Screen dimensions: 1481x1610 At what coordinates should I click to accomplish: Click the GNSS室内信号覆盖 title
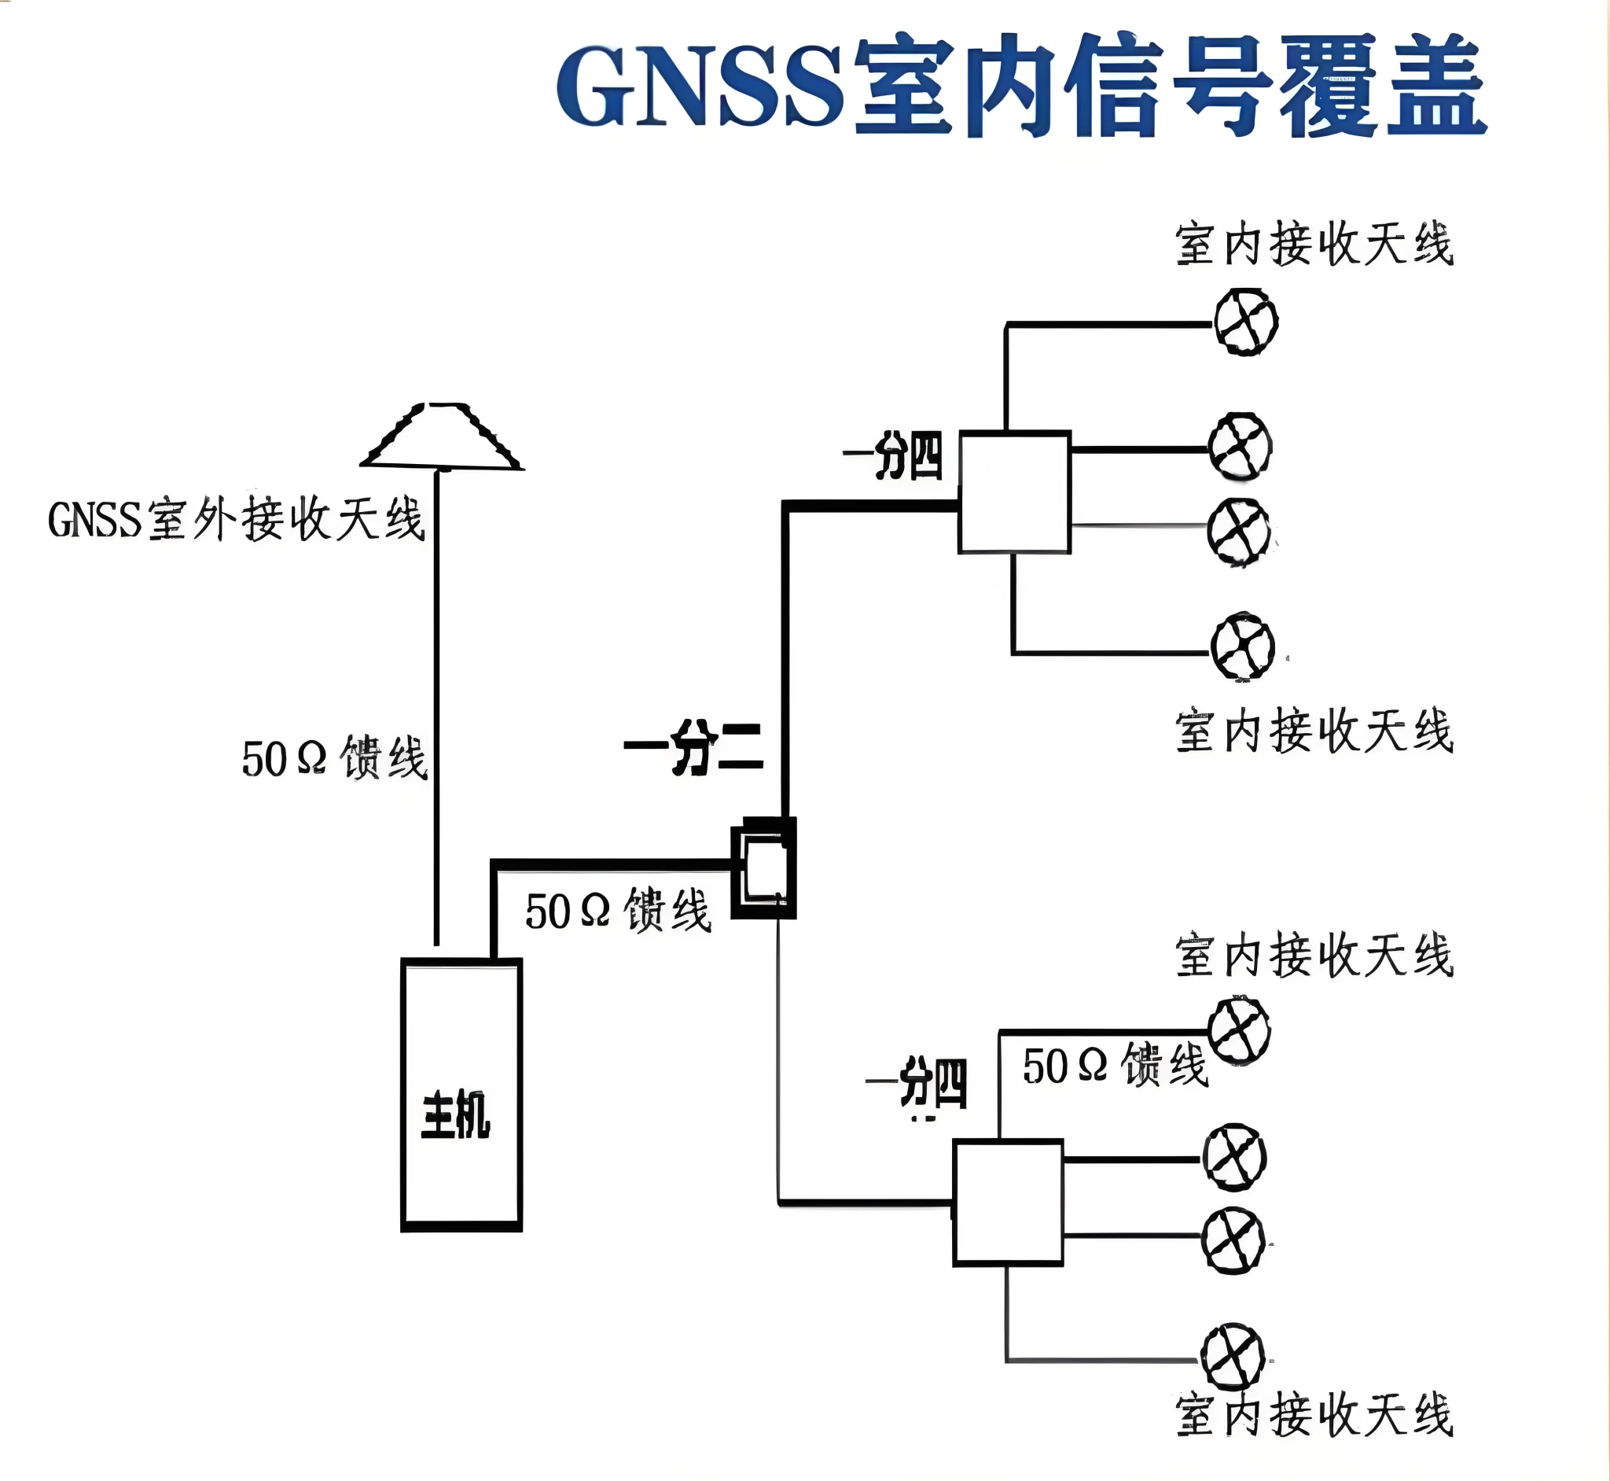click(1021, 85)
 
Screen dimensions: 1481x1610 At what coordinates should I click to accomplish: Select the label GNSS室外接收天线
click(237, 519)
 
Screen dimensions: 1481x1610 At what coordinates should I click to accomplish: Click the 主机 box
click(461, 1095)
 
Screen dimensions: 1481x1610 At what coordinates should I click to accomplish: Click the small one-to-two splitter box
click(763, 868)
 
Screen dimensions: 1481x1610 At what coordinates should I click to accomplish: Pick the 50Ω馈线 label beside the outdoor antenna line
click(335, 757)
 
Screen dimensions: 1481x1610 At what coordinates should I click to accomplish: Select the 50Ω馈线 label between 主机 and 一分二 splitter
click(619, 911)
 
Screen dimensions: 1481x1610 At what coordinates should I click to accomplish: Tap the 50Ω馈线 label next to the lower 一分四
click(1115, 1065)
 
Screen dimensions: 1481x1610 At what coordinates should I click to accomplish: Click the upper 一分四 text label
click(893, 456)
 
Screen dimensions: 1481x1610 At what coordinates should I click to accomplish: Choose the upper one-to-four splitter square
click(1015, 492)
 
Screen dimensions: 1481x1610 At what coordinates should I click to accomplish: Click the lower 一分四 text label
click(917, 1084)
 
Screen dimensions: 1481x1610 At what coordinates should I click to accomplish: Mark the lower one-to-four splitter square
click(1009, 1202)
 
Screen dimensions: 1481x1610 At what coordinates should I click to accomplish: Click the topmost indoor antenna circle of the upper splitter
click(1245, 322)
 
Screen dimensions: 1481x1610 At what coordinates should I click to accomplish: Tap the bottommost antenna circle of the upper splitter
click(1242, 647)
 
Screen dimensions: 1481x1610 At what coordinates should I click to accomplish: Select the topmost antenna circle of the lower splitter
click(1239, 1030)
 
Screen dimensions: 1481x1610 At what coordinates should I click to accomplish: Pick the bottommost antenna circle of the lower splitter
click(1233, 1357)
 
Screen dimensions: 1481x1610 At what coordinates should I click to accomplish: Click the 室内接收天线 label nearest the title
click(1314, 244)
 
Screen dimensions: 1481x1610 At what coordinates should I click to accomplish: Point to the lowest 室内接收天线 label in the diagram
click(1314, 1415)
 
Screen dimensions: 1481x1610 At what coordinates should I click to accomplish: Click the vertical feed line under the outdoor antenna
click(436, 706)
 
